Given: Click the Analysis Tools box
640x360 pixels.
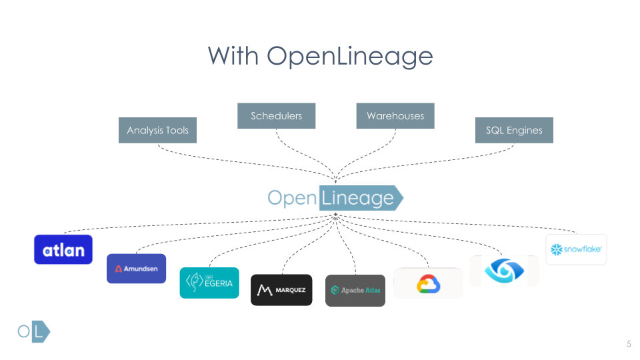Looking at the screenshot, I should tap(158, 131).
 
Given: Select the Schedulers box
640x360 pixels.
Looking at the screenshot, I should tap(276, 116).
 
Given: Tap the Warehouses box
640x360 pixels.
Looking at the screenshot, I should tap(395, 116).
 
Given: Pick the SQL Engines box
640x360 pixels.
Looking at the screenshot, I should tap(514, 131).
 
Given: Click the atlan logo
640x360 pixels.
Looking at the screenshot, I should tap(63, 250).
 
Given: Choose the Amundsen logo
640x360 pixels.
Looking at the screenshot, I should tap(136, 269).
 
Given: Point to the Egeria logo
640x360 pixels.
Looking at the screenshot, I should tap(209, 283).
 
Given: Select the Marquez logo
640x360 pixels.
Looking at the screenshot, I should tap(281, 290).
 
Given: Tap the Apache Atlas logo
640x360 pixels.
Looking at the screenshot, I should tap(355, 291).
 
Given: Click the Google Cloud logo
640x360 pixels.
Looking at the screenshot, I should tap(428, 284).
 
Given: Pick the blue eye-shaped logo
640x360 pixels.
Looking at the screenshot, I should tap(504, 271).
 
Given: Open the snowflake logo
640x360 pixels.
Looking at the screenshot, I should tap(576, 250).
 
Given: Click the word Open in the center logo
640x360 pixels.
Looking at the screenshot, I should tap(292, 198).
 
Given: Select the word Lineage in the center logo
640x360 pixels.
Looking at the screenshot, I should tap(358, 198).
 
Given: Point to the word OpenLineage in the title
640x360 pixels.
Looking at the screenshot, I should tap(350, 55).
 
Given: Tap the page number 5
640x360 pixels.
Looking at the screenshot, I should tap(628, 344).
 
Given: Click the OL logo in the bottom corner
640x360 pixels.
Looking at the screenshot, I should tap(34, 332).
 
